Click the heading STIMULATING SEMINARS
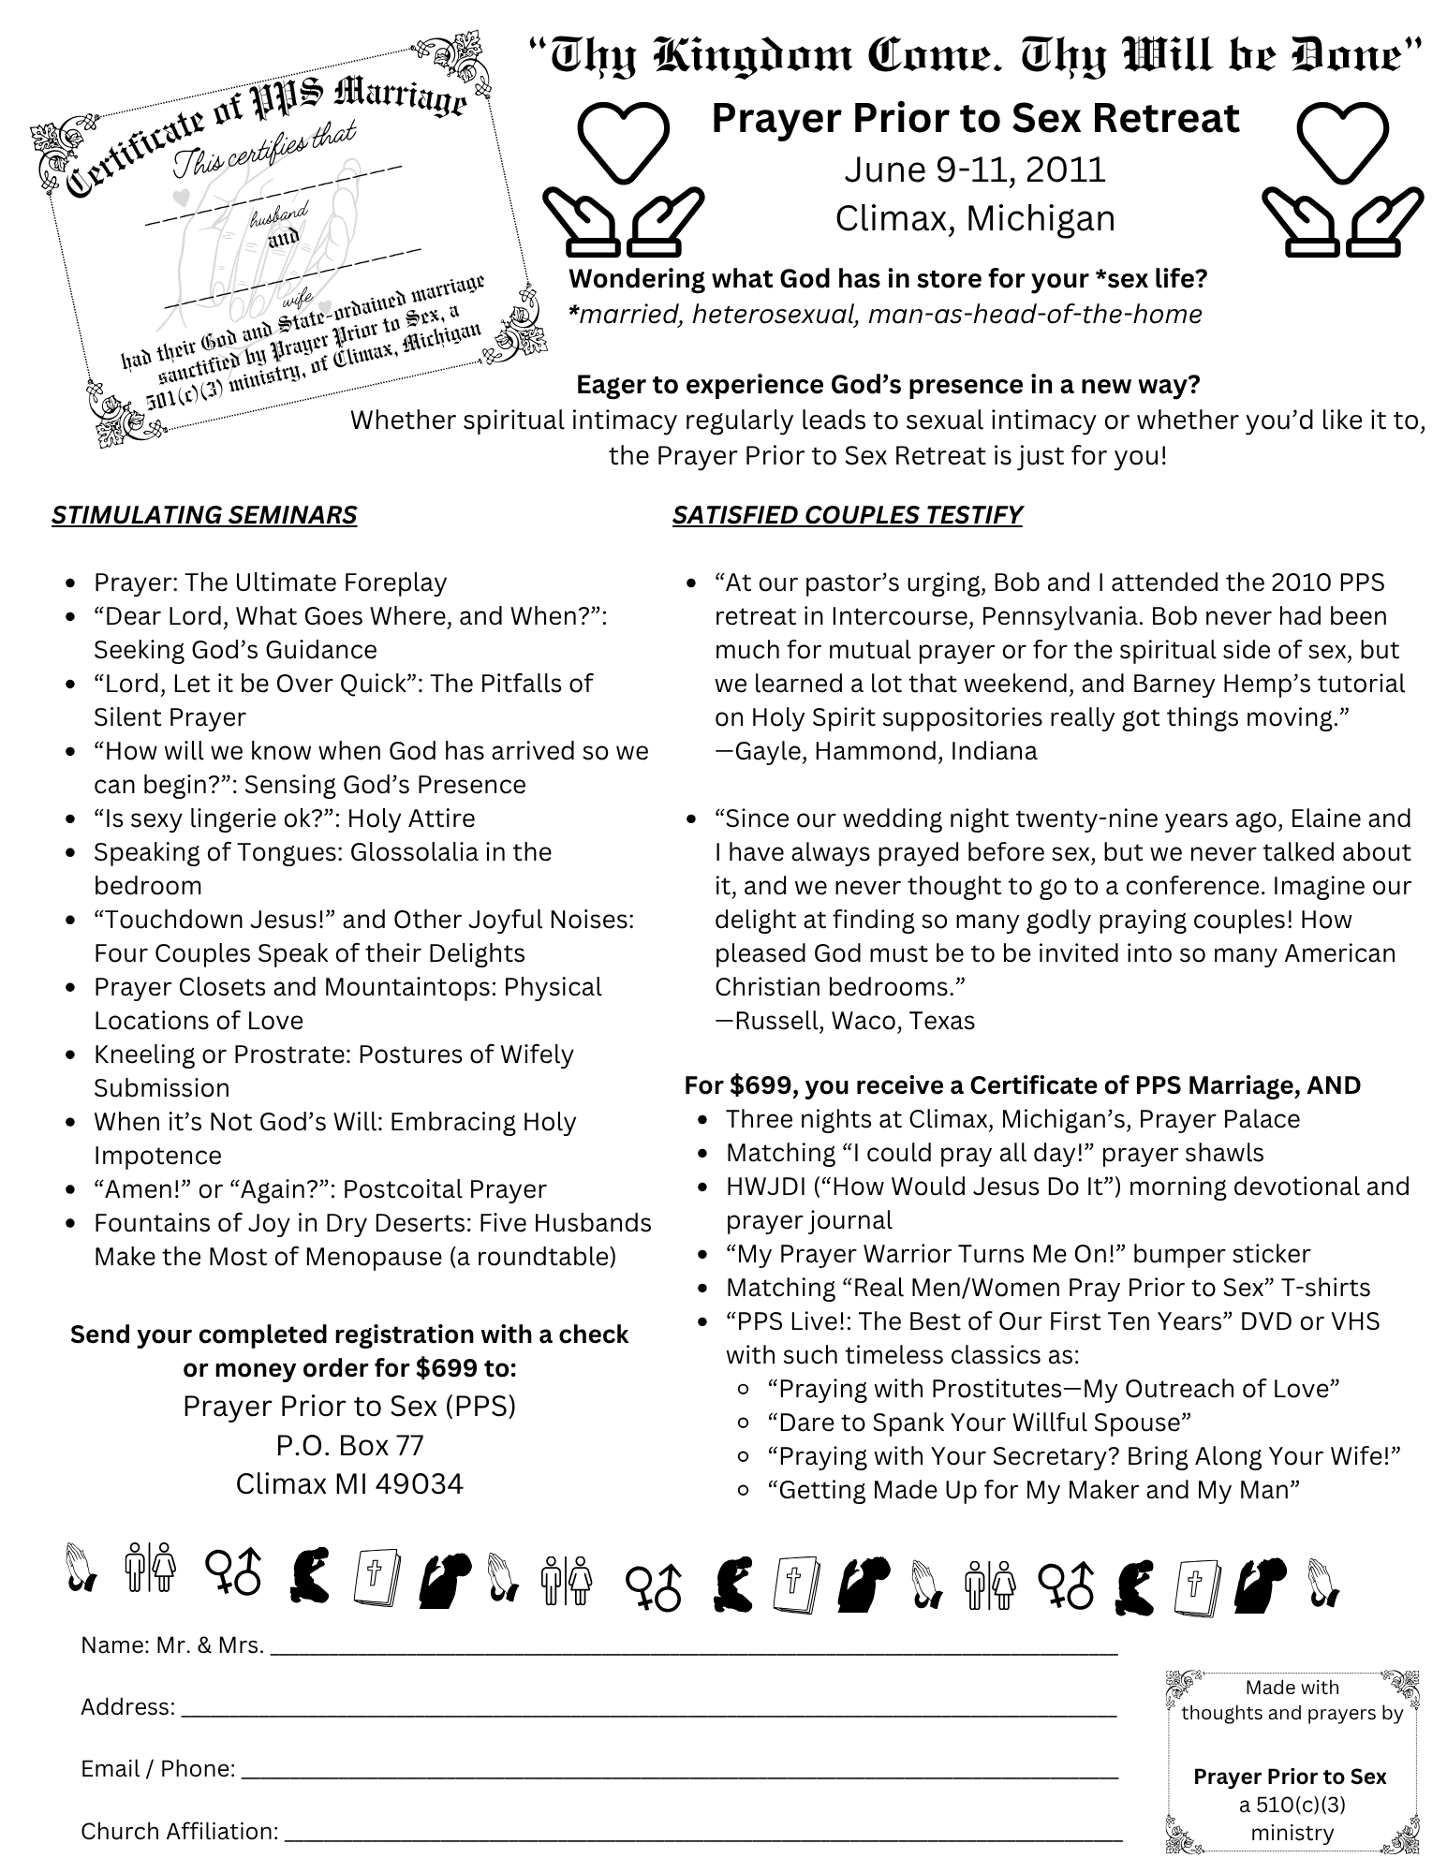click(x=204, y=515)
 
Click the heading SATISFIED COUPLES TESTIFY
click(x=847, y=515)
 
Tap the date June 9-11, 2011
click(x=975, y=170)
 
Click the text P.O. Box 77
click(x=349, y=1445)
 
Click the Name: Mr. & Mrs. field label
click(x=172, y=1645)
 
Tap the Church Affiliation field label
click(x=180, y=1831)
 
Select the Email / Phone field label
click(x=157, y=1769)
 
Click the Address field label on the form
click(x=127, y=1707)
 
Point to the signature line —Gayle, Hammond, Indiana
click(x=876, y=751)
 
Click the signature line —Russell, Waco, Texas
click(x=845, y=1021)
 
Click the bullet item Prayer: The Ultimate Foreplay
click(x=270, y=583)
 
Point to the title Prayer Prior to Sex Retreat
click(x=975, y=119)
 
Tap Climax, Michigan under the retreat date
click(x=975, y=218)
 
